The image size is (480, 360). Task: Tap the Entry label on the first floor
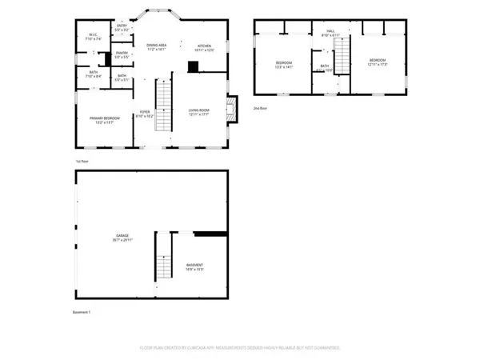click(x=122, y=28)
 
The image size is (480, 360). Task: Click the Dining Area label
click(x=156, y=47)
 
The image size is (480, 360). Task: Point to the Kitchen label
click(x=205, y=47)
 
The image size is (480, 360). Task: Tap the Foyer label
click(x=146, y=114)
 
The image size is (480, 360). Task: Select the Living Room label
click(x=199, y=113)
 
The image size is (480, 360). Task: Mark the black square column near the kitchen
click(x=193, y=68)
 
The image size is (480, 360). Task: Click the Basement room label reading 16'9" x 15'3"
click(x=195, y=267)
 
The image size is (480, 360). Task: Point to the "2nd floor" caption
click(x=260, y=106)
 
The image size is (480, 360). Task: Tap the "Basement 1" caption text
click(x=81, y=312)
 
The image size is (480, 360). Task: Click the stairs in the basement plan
click(x=163, y=260)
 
